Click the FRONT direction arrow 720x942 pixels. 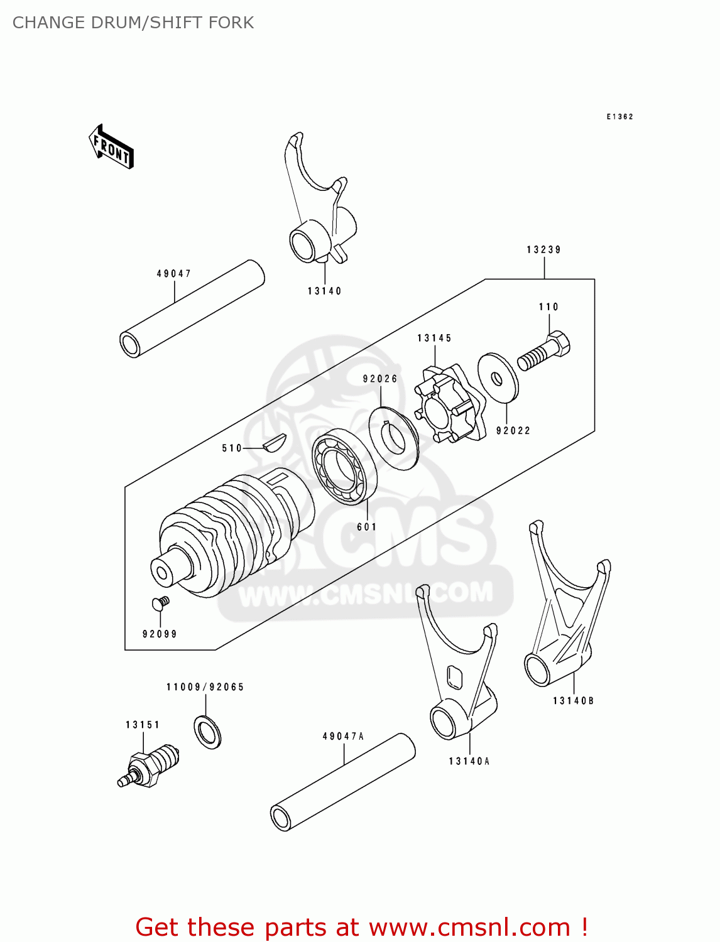click(111, 147)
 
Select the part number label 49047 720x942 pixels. click(173, 274)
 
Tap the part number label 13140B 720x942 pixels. click(573, 701)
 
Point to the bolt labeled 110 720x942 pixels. click(544, 354)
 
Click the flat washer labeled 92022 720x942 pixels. click(498, 379)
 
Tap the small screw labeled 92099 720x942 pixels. click(160, 604)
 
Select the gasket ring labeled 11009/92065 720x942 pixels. click(207, 732)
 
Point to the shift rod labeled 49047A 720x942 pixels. click(343, 782)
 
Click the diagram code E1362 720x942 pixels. click(619, 117)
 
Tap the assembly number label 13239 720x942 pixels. click(543, 250)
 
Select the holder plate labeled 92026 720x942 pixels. click(393, 438)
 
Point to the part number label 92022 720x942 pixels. click(513, 431)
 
